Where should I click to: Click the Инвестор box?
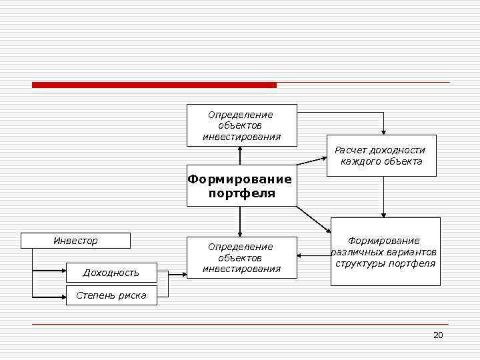(75, 241)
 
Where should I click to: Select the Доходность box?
(111, 273)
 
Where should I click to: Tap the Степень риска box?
(111, 295)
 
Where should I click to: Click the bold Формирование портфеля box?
(241, 186)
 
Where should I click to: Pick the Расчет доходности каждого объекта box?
(381, 156)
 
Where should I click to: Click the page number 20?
(438, 335)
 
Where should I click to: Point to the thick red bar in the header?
(154, 85)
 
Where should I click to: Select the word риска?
(133, 295)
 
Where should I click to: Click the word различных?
(357, 252)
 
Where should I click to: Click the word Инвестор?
(75, 241)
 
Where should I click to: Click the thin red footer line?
(240, 324)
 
